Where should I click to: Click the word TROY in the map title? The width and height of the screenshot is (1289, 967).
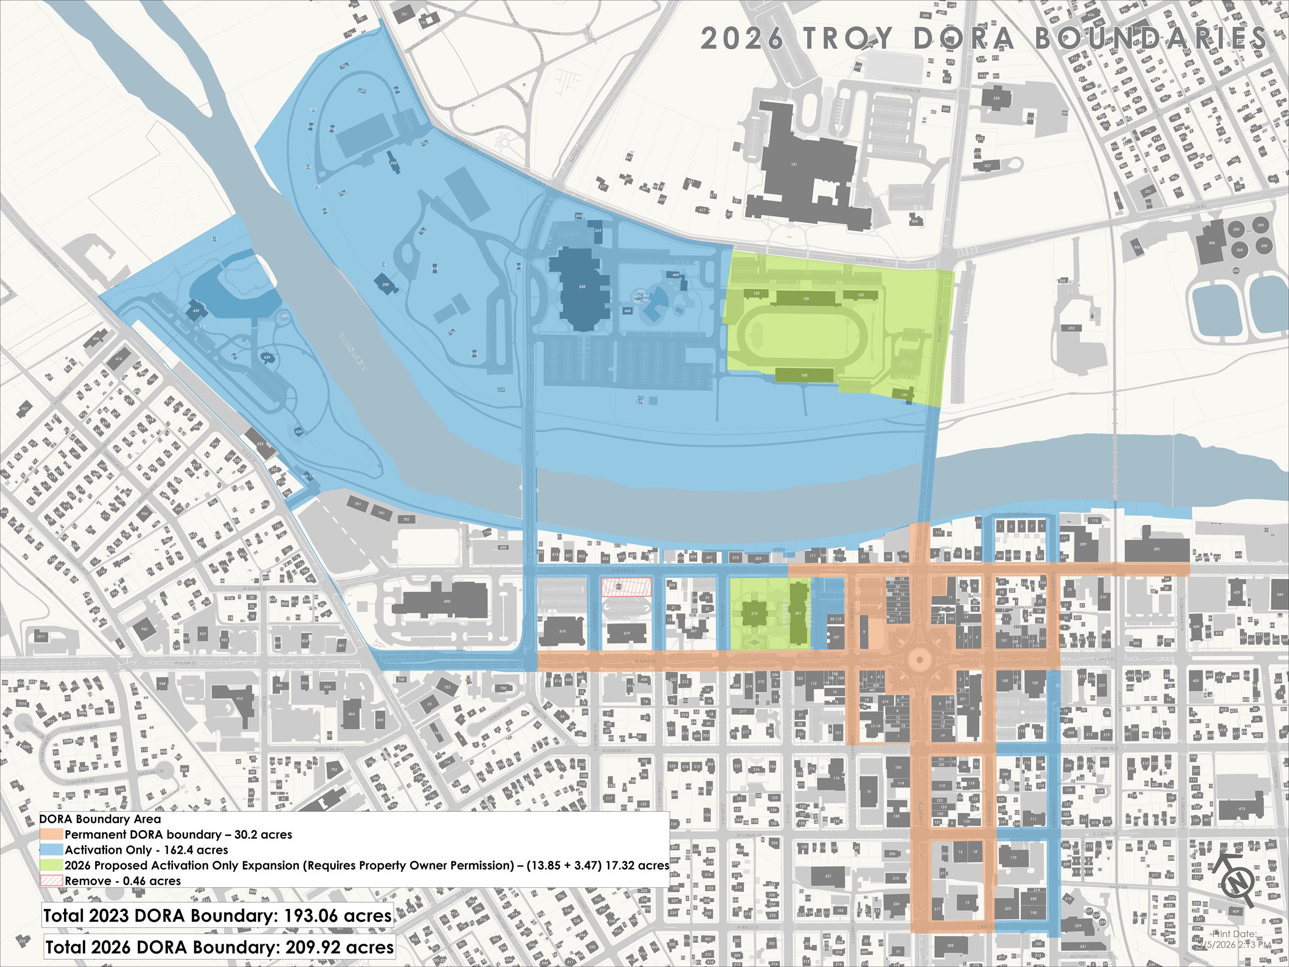coord(848,39)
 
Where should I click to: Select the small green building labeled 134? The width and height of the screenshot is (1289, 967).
coord(904,395)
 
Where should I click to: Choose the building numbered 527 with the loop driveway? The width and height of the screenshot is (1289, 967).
coord(987,166)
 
